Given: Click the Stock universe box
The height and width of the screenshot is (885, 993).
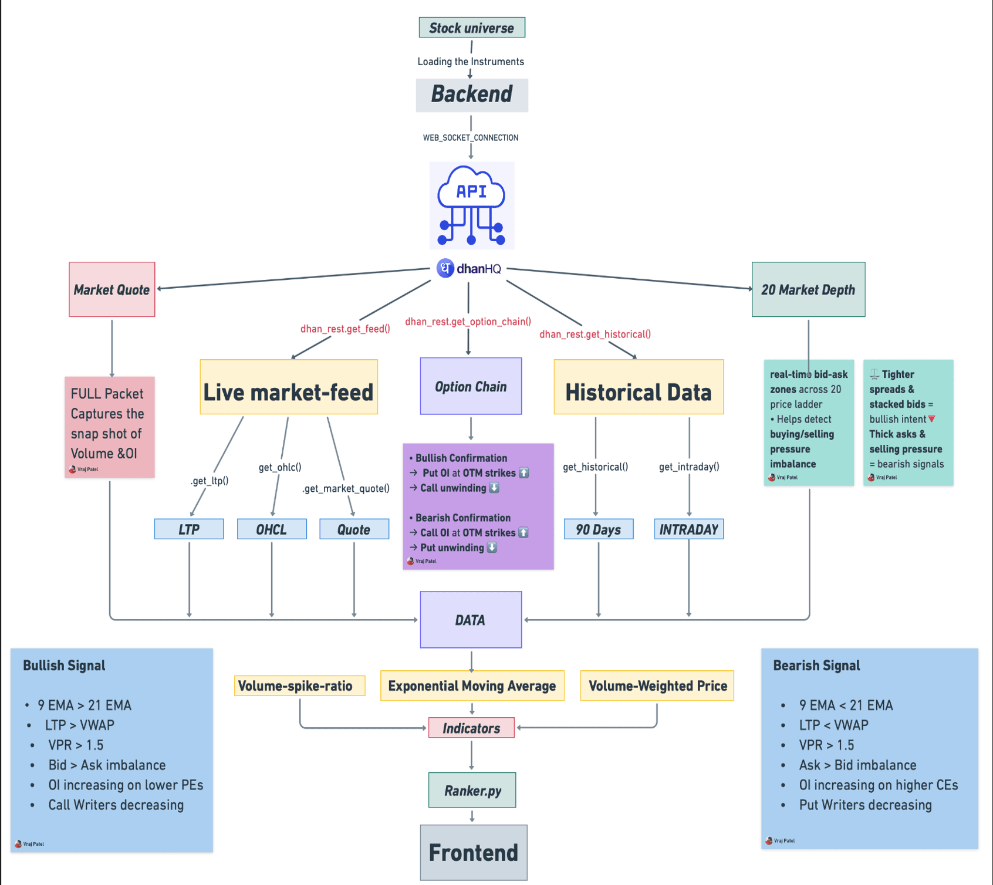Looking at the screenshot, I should pyautogui.click(x=472, y=28).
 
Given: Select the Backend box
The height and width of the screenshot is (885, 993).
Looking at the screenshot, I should pyautogui.click(x=472, y=94).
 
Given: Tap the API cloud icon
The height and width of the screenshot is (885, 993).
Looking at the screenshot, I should pyautogui.click(x=472, y=205).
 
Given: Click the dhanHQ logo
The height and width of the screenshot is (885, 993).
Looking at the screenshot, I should pyautogui.click(x=470, y=269).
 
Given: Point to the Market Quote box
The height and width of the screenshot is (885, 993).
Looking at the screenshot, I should pyautogui.click(x=112, y=289).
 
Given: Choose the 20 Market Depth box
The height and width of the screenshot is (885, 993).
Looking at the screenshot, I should pyautogui.click(x=808, y=289).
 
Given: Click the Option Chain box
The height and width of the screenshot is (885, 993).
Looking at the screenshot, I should pyautogui.click(x=471, y=386).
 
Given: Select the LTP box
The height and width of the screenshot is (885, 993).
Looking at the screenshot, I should pyautogui.click(x=188, y=529).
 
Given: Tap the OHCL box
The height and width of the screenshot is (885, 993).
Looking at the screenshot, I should pyautogui.click(x=271, y=529).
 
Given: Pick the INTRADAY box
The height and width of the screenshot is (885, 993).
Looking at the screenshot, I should pyautogui.click(x=688, y=529).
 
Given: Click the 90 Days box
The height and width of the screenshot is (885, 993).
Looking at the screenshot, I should pyautogui.click(x=598, y=529).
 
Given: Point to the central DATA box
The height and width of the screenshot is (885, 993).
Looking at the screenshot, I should pyautogui.click(x=471, y=620).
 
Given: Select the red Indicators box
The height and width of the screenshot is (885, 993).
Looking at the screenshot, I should pyautogui.click(x=471, y=728).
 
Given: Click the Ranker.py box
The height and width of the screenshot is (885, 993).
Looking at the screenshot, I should pyautogui.click(x=472, y=790).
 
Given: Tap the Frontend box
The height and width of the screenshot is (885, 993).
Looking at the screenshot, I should pyautogui.click(x=473, y=852).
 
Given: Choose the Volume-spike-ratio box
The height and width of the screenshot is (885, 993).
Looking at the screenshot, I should pyautogui.click(x=299, y=685).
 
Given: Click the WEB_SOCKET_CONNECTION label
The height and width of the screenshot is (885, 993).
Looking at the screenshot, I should pyautogui.click(x=471, y=137).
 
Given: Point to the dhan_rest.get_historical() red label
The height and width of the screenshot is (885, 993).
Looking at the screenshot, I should pyautogui.click(x=595, y=334).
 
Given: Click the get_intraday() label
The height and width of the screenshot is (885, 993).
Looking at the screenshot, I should pyautogui.click(x=689, y=467).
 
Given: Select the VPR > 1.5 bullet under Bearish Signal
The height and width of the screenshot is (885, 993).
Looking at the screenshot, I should pyautogui.click(x=826, y=745).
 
